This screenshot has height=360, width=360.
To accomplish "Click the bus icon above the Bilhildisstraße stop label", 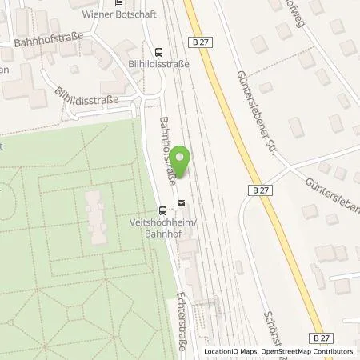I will coord(158,50).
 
